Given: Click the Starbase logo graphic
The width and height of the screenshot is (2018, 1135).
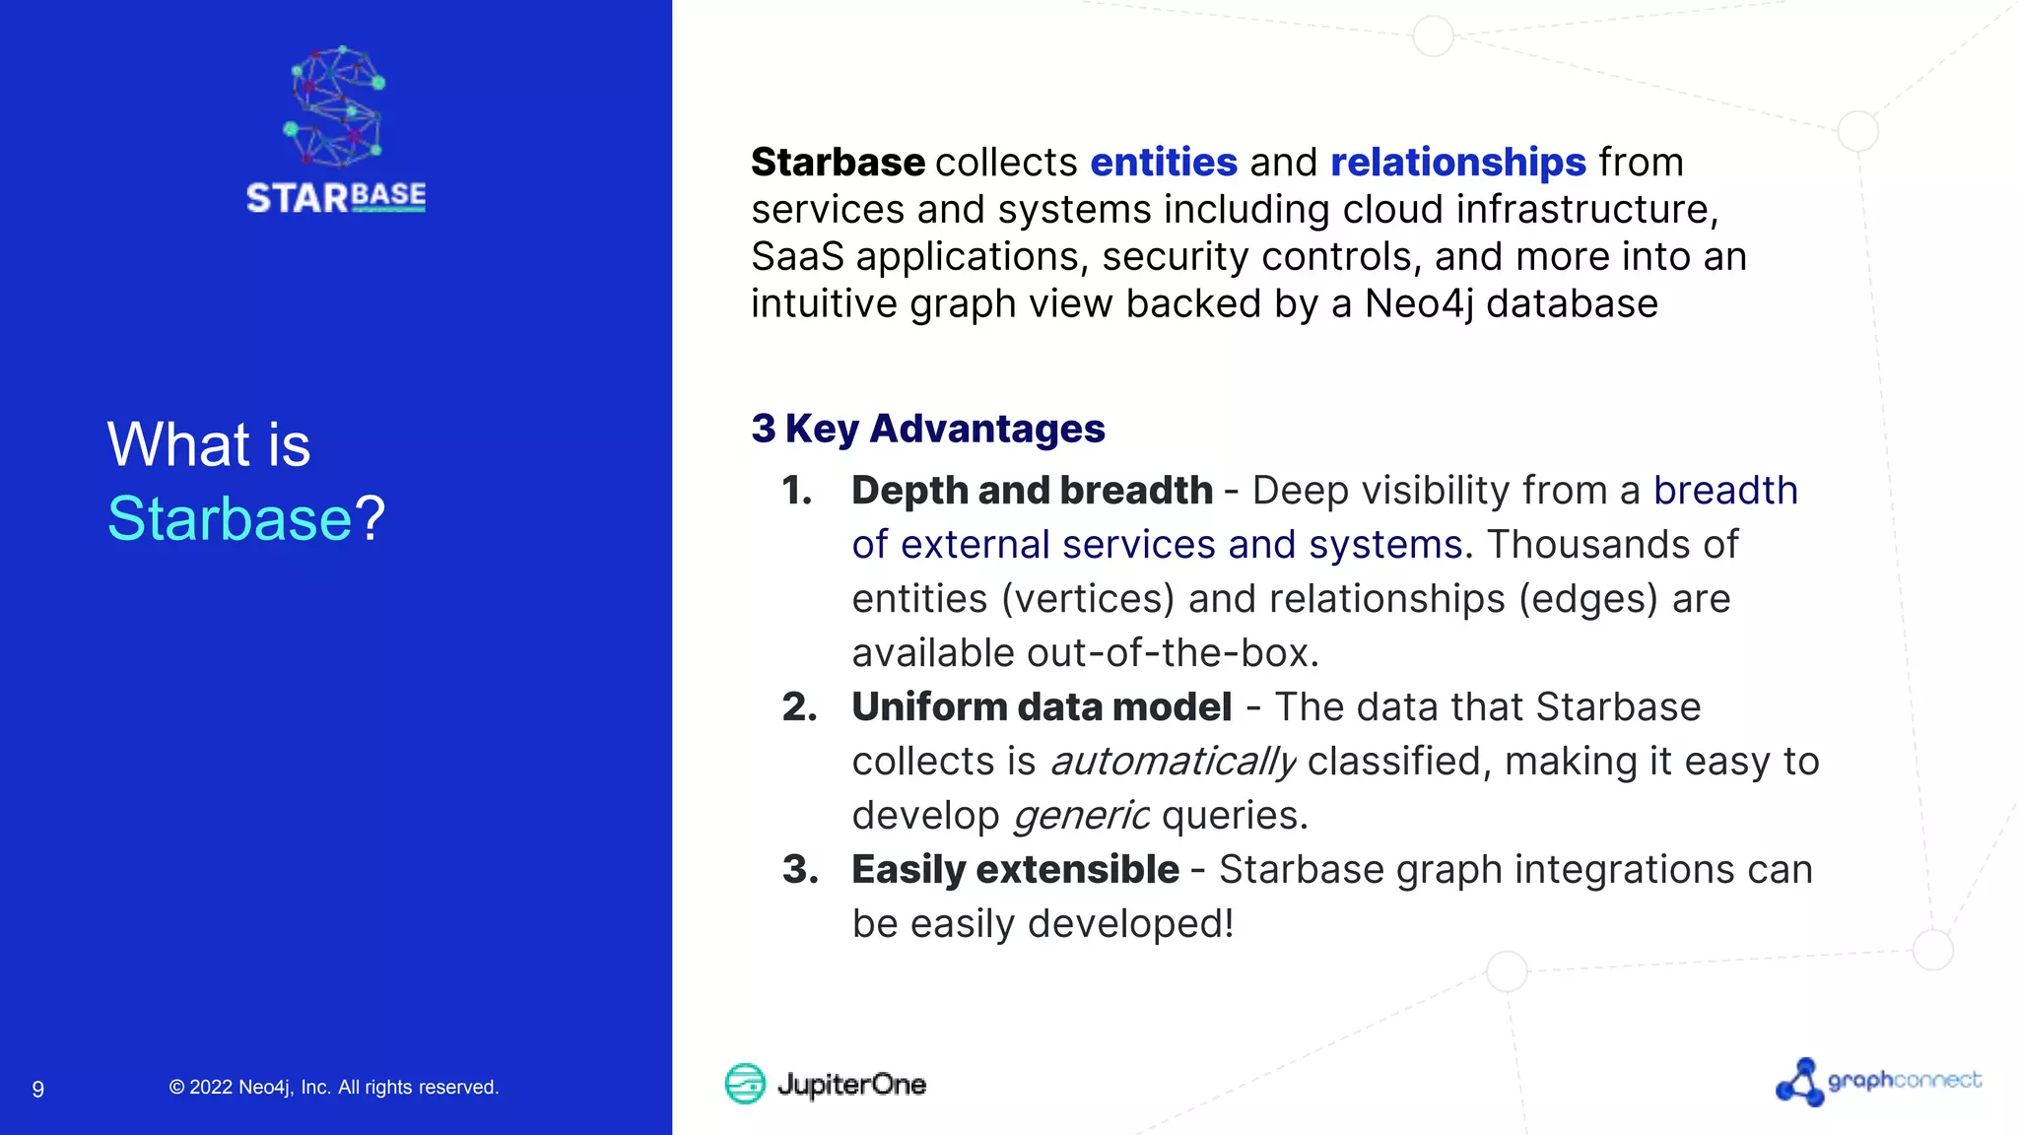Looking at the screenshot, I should [x=336, y=129].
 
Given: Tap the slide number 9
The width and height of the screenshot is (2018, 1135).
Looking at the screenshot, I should [x=38, y=1089].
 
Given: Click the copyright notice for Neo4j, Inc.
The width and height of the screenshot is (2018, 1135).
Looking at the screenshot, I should [x=334, y=1087].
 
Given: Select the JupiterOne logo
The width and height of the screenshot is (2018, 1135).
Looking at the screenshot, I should [x=826, y=1084].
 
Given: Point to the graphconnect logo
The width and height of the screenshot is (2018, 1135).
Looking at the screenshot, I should [x=1878, y=1082].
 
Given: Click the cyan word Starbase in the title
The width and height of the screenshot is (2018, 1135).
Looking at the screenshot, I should [x=230, y=518].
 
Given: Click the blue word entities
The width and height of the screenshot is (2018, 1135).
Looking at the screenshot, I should [x=1163, y=162].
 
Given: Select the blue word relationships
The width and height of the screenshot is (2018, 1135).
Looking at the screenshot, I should [x=1457, y=162].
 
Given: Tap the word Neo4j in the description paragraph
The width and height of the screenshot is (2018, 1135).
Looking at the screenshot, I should [x=1418, y=303].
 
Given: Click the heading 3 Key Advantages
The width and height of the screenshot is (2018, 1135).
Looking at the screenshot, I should [x=927, y=429].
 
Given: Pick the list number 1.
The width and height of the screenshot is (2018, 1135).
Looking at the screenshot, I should [x=797, y=491].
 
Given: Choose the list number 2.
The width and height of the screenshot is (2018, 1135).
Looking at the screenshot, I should [x=799, y=707].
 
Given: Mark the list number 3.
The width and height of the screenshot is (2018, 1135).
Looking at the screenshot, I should [x=799, y=870].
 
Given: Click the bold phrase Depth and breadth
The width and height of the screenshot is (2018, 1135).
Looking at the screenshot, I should [x=1032, y=491].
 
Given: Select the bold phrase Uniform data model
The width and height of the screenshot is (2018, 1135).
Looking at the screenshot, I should [x=1042, y=707].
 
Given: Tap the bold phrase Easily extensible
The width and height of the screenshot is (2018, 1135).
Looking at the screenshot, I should [x=1015, y=870].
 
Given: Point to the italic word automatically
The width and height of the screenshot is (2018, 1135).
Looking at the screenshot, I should [x=1172, y=762].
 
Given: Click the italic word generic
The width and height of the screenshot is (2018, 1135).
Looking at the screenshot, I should [x=1080, y=816].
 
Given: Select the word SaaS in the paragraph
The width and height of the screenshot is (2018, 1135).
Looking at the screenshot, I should [x=797, y=256].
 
